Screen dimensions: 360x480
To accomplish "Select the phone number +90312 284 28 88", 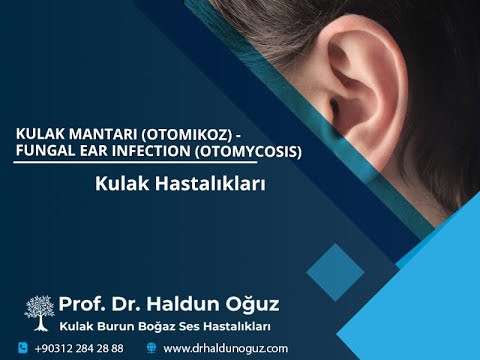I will coord(79,348).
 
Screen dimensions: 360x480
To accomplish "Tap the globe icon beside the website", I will coord(151,348).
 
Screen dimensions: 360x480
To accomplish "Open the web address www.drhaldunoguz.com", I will coord(225,348).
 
